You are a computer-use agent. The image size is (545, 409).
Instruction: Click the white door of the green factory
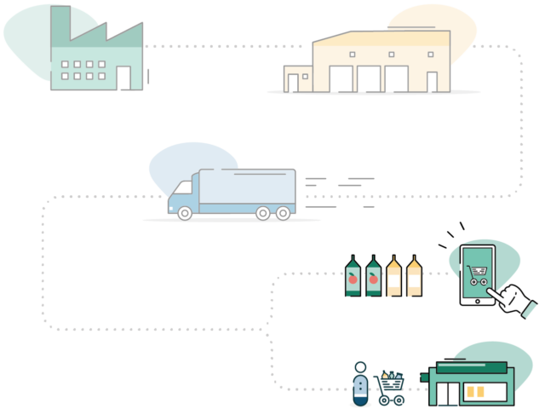123,78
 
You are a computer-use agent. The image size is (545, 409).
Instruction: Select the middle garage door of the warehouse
369,79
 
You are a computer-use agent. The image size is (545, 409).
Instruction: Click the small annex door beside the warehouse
293,83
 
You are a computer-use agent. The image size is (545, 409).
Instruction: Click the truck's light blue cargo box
247,186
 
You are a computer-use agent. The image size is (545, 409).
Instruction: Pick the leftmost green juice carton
353,277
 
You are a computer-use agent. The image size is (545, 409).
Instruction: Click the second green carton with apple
373,277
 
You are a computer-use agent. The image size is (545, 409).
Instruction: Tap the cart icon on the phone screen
477,274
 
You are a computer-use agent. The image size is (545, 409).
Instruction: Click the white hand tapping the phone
514,300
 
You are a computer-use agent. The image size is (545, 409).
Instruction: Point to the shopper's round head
360,367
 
